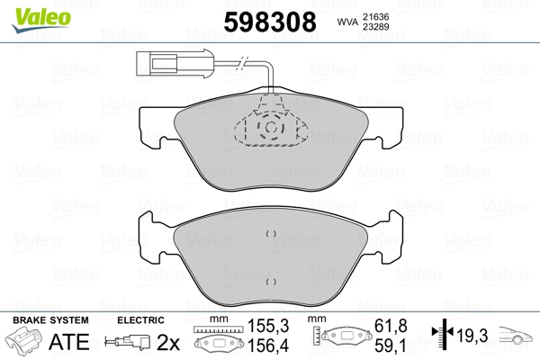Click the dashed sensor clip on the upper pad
pos(270,130)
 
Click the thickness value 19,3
pos(472,335)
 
